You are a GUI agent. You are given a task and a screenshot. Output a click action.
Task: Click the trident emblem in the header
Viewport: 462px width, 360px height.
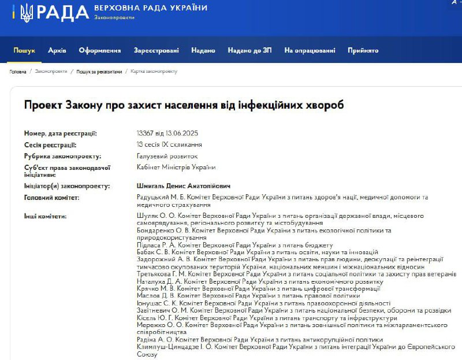pos(26,13)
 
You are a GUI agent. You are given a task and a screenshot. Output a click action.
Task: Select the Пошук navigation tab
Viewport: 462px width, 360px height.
pos(24,50)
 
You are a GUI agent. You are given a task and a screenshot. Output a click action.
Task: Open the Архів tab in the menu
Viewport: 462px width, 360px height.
pos(57,50)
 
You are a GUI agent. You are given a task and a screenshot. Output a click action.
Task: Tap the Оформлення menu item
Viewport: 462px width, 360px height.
pos(100,50)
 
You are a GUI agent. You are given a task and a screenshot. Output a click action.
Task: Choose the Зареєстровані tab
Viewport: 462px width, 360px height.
pos(156,50)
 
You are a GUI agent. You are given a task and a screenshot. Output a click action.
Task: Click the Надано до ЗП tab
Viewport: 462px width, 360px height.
pos(249,50)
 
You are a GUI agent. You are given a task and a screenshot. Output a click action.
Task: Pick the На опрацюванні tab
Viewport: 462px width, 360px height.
pos(310,50)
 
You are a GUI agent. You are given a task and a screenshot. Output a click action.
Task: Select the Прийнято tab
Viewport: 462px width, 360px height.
pos(363,50)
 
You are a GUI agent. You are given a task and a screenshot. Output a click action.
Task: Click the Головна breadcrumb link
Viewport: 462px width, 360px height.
pos(18,72)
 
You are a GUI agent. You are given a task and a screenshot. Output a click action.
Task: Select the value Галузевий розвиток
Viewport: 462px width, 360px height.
pos(167,156)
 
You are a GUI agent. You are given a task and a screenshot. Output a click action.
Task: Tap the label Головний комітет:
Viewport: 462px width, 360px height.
pos(51,198)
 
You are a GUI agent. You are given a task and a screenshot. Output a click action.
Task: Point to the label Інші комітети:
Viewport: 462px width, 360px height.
pos(45,216)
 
